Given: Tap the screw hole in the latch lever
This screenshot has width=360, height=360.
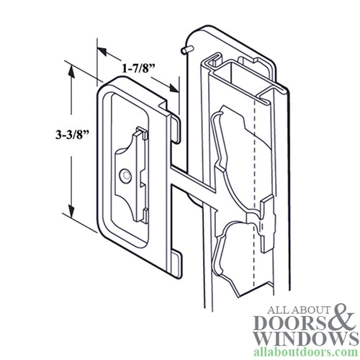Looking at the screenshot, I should click(127, 175).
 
